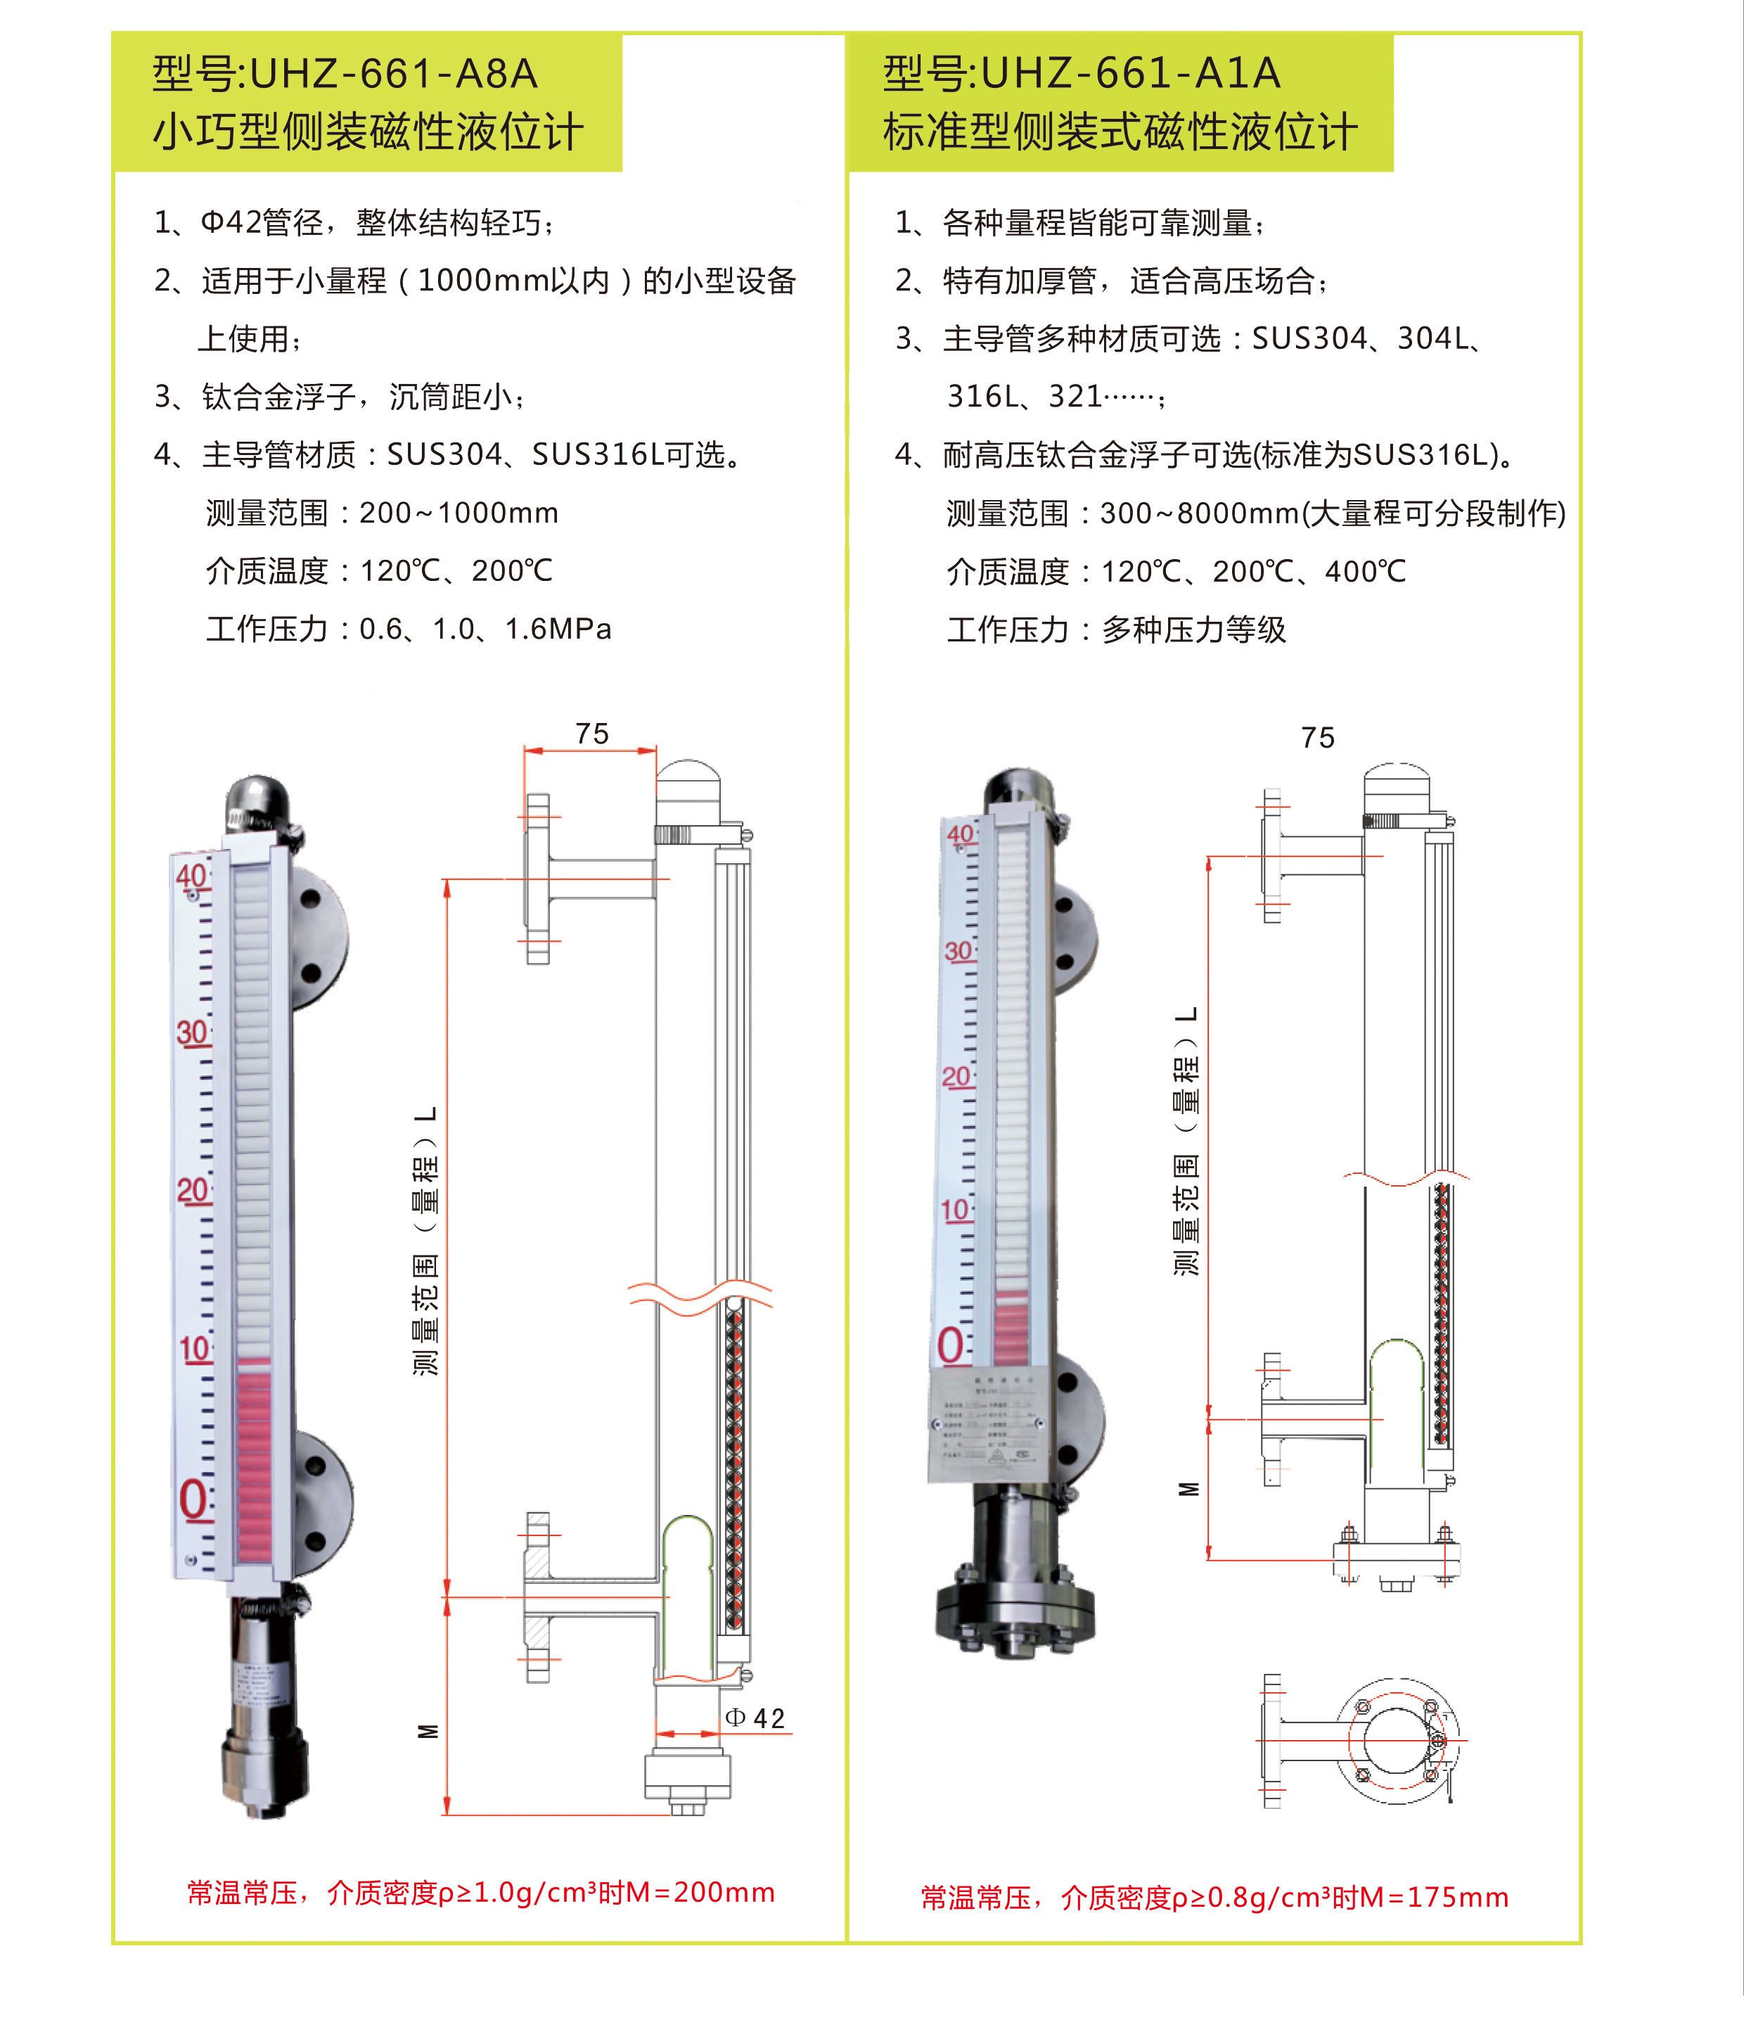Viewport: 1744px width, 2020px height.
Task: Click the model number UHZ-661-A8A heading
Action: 393,74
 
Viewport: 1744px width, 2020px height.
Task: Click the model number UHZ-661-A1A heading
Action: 1130,74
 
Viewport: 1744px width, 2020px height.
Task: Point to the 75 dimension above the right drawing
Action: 1317,738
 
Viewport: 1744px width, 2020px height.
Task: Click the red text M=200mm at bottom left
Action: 700,1892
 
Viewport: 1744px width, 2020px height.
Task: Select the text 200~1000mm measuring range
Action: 459,513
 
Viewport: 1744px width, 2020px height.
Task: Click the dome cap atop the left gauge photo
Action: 257,800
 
